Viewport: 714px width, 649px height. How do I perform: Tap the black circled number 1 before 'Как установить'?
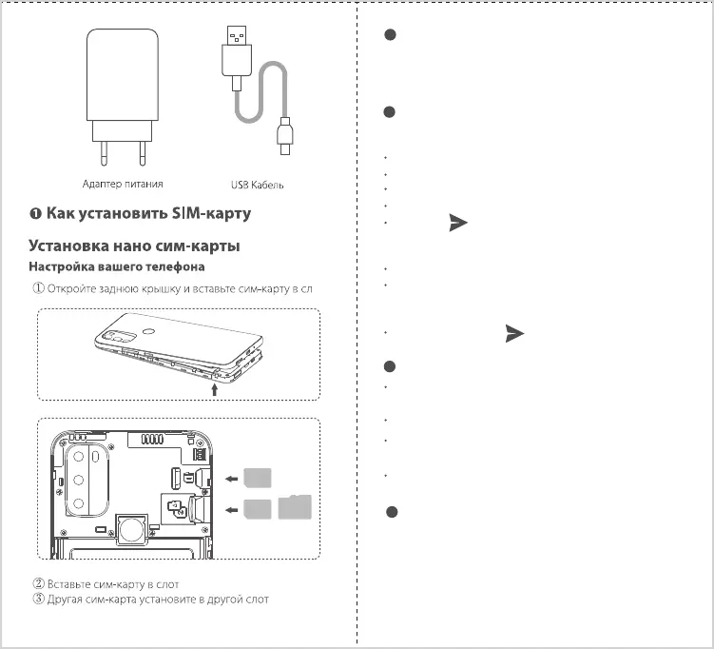click(x=35, y=213)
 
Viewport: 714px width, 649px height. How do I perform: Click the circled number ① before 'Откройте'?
click(x=39, y=286)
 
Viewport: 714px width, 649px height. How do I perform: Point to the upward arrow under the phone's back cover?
click(x=215, y=387)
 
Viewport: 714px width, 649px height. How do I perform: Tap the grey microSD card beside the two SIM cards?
click(x=296, y=508)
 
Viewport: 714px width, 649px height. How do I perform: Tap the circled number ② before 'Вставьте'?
click(x=39, y=583)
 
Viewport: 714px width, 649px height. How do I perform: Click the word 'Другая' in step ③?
click(x=79, y=599)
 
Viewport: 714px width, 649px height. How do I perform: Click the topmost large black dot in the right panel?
click(x=388, y=35)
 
